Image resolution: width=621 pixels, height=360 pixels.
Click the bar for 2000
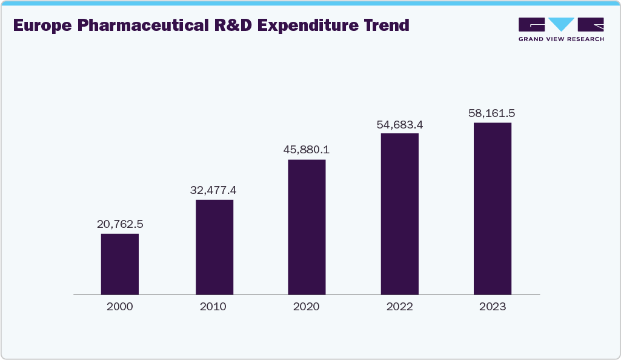click(120, 264)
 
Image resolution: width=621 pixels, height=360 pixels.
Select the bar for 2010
click(214, 247)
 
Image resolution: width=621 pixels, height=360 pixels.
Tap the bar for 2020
click(307, 227)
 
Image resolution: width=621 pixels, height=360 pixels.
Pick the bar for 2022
click(399, 214)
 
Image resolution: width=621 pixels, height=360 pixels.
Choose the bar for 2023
click(492, 208)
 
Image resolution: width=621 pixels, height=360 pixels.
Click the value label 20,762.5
click(120, 224)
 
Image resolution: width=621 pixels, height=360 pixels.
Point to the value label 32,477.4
click(213, 190)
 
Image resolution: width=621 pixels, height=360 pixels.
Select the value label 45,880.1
click(307, 150)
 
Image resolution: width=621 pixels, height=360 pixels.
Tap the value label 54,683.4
click(399, 124)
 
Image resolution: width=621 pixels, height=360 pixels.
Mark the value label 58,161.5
click(492, 113)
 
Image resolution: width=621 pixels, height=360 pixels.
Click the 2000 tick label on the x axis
click(120, 307)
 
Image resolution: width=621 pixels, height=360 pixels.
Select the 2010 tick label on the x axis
click(213, 307)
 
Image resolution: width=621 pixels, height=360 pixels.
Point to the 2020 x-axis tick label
click(307, 307)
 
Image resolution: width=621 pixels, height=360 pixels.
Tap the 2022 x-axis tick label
click(399, 307)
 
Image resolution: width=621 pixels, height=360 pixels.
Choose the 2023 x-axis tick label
click(492, 307)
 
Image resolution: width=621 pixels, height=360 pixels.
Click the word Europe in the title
click(41, 26)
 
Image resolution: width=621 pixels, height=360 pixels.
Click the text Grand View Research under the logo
click(561, 39)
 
